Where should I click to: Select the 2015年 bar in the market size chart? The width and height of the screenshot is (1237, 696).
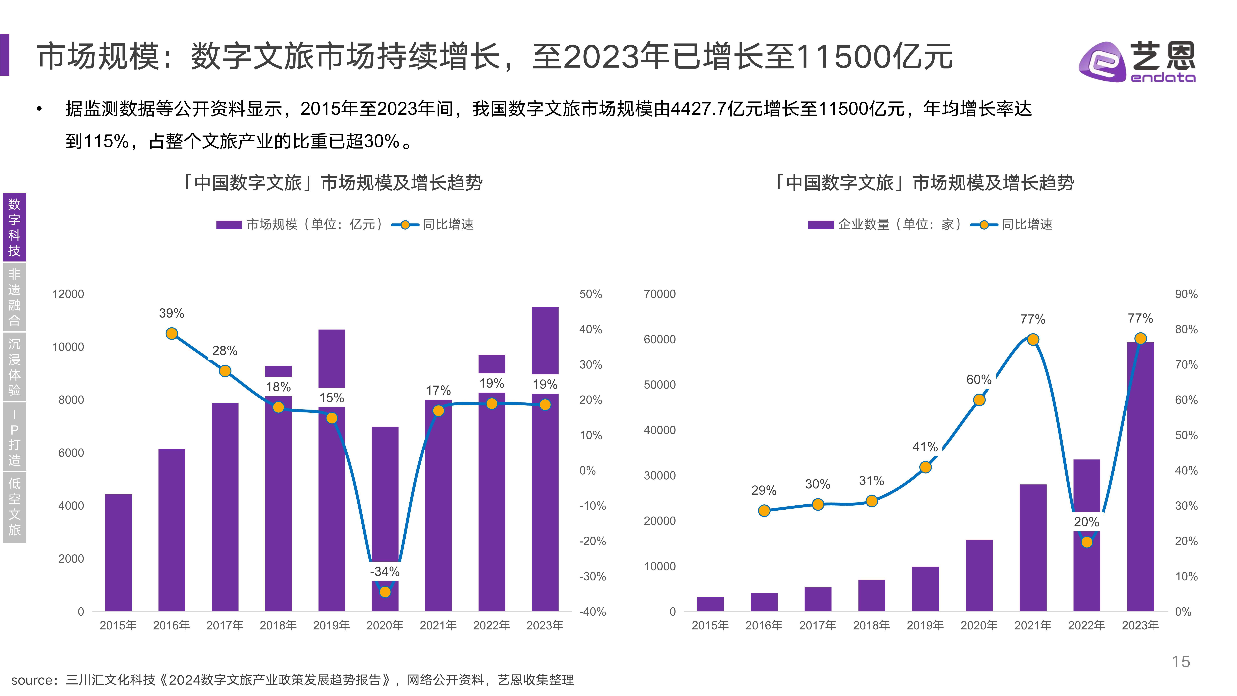[x=118, y=552]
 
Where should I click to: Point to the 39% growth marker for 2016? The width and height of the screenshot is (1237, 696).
[x=171, y=333]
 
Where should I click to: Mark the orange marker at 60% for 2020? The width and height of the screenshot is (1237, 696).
[x=979, y=400]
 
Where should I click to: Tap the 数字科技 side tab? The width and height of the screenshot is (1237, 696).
[x=14, y=227]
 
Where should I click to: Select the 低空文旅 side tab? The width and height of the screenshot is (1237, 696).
[x=14, y=507]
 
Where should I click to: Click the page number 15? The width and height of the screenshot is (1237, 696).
[x=1181, y=662]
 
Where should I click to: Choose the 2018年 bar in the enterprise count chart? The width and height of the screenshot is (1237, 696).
[x=872, y=596]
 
